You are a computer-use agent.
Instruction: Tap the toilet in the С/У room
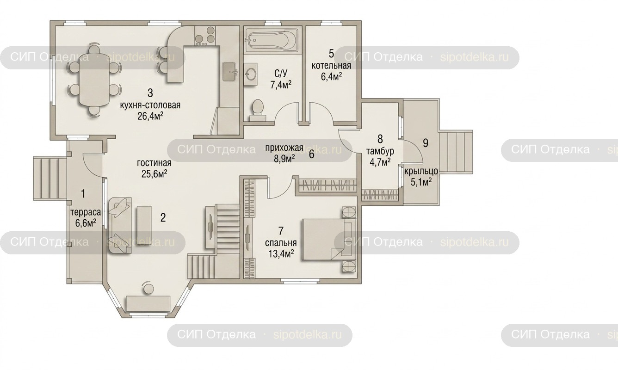pyautogui.click(x=258, y=110)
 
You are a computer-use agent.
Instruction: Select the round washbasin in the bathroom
pyautogui.click(x=251, y=74)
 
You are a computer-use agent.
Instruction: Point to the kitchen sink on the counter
pyautogui.click(x=229, y=72)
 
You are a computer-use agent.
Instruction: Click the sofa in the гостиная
pyautogui.click(x=120, y=225)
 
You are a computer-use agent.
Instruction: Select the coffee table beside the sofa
pyautogui.click(x=144, y=226)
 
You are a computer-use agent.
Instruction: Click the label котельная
pyautogui.click(x=331, y=66)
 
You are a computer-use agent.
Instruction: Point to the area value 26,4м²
pyautogui.click(x=150, y=116)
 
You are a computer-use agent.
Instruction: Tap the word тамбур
pyautogui.click(x=380, y=151)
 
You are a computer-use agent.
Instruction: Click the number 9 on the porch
pyautogui.click(x=426, y=143)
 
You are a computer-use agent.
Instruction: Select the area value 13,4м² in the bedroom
pyautogui.click(x=281, y=253)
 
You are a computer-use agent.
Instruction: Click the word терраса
pyautogui.click(x=86, y=212)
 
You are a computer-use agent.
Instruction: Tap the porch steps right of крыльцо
pyautogui.click(x=456, y=152)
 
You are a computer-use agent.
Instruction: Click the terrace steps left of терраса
pyautogui.click(x=50, y=178)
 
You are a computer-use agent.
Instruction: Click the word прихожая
pyautogui.click(x=284, y=148)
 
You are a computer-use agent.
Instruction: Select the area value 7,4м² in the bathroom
pyautogui.click(x=281, y=85)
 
